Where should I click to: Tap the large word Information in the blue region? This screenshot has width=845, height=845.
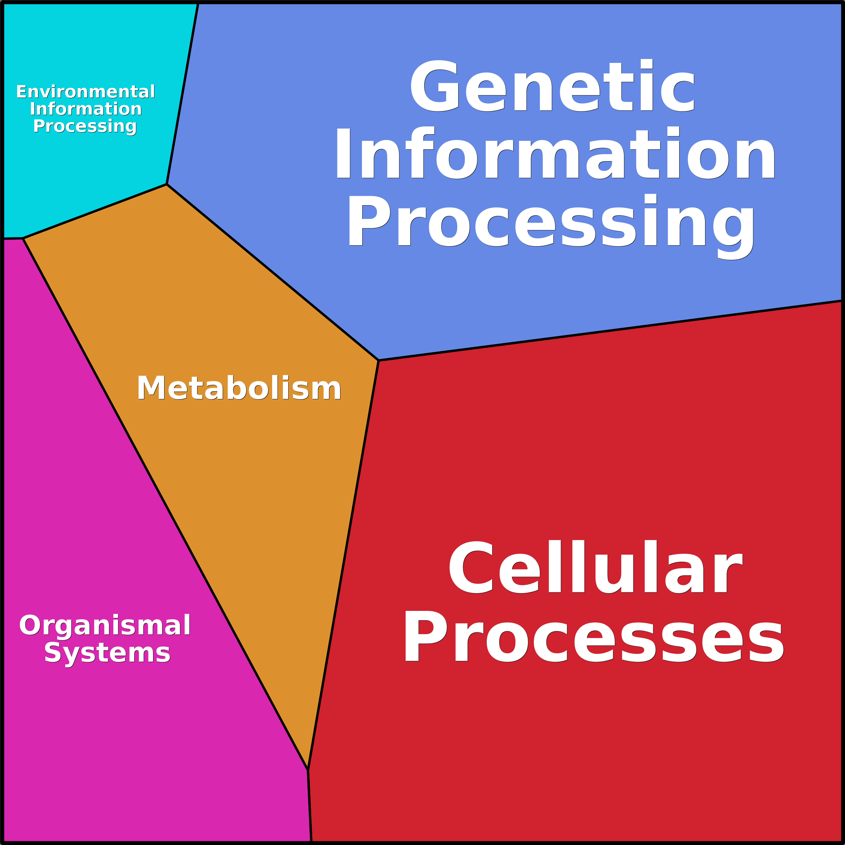tap(555, 153)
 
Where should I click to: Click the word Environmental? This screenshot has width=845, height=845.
tap(86, 92)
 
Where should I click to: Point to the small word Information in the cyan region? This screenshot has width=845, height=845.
tap(86, 109)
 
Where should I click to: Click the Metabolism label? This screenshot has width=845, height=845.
tap(239, 388)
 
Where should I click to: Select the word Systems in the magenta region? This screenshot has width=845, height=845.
tap(107, 654)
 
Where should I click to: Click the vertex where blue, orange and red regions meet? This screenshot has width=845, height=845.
tap(378, 360)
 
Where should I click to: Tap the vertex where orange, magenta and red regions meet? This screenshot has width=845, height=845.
tap(308, 769)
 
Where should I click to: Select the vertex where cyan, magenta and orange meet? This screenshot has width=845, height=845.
tap(23, 238)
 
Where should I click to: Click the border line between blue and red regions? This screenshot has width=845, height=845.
tap(610, 331)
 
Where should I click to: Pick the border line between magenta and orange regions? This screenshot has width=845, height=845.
tap(165, 504)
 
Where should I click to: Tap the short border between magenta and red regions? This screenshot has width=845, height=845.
tap(310, 806)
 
